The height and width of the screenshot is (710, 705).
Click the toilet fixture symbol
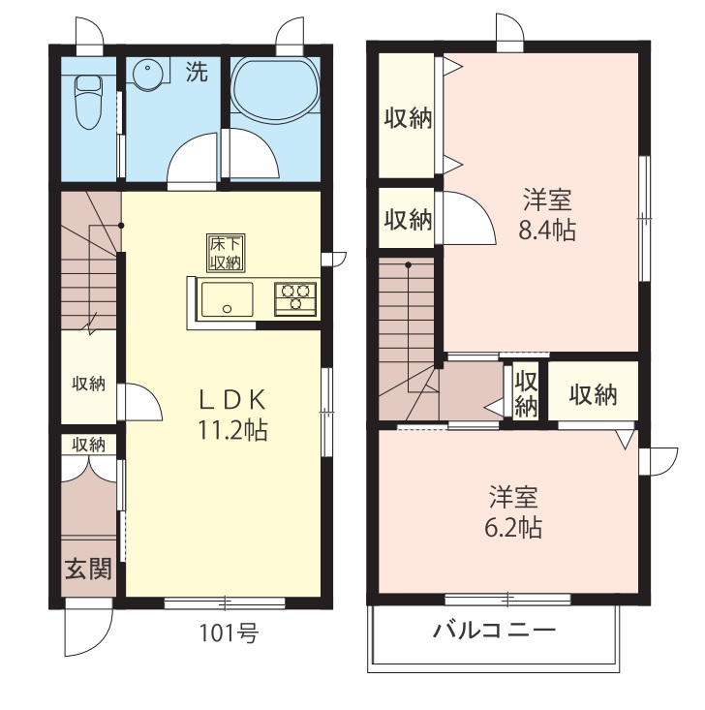point(88,103)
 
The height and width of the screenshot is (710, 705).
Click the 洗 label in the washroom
point(198,72)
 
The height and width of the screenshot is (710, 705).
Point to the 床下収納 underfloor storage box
point(226,253)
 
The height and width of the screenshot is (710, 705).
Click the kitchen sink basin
point(228,299)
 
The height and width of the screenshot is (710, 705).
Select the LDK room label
point(232,400)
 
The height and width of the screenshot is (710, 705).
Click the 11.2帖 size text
point(232,430)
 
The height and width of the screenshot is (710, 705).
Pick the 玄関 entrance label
point(88,569)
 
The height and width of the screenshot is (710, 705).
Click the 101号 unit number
point(230,633)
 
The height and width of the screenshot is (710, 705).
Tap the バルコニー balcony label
point(494,630)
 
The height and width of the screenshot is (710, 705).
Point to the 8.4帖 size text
point(547,230)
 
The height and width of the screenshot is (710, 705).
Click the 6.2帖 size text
point(513,528)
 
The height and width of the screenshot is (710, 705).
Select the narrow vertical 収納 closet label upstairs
point(526,394)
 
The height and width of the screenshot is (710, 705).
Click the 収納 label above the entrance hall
point(89,444)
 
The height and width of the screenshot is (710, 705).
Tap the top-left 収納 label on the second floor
point(408,118)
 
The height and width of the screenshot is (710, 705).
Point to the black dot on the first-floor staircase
point(121,225)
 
